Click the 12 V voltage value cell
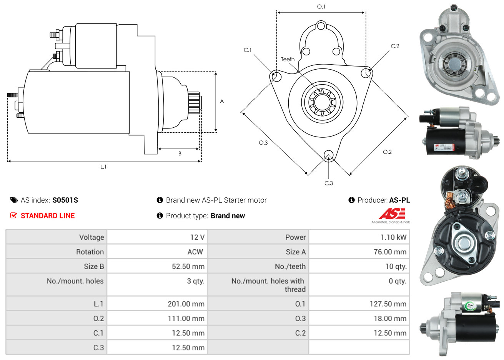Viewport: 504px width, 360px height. pos(197,237)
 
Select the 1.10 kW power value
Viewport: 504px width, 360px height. pos(393,237)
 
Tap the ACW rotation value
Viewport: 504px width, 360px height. pos(195,252)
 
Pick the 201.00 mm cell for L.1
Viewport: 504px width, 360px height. pos(186,304)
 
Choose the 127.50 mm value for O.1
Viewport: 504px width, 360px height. pos(388,304)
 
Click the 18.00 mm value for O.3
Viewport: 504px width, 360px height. pos(390,318)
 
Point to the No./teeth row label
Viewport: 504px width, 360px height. pos(290,267)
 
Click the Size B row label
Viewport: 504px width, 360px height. pos(94,267)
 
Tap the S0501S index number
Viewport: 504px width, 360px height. pos(65,200)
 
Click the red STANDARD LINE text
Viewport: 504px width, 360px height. pos(48,216)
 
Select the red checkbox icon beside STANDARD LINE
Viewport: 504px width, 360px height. pos(13,215)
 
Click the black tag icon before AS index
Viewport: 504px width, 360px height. pos(14,200)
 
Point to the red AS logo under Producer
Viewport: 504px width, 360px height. pos(392,214)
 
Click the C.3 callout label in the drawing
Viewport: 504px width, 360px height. pos(329,183)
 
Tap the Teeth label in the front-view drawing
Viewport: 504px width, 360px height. pos(288,59)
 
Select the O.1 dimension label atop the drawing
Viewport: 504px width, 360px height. pos(321,7)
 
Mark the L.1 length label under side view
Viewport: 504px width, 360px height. pos(103,167)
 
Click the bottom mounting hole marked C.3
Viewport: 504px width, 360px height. pos(328,155)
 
